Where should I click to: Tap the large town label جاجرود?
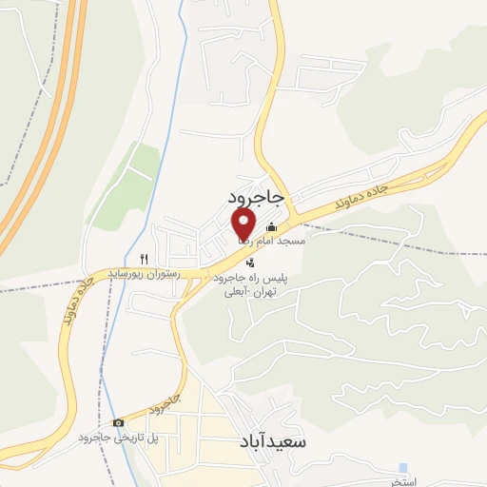click(x=256, y=195)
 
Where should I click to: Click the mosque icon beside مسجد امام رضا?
click(x=272, y=226)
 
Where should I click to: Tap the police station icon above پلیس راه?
click(x=249, y=262)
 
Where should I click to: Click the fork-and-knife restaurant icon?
click(x=144, y=258)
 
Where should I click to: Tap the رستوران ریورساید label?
click(x=137, y=273)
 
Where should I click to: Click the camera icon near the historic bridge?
click(x=117, y=423)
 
